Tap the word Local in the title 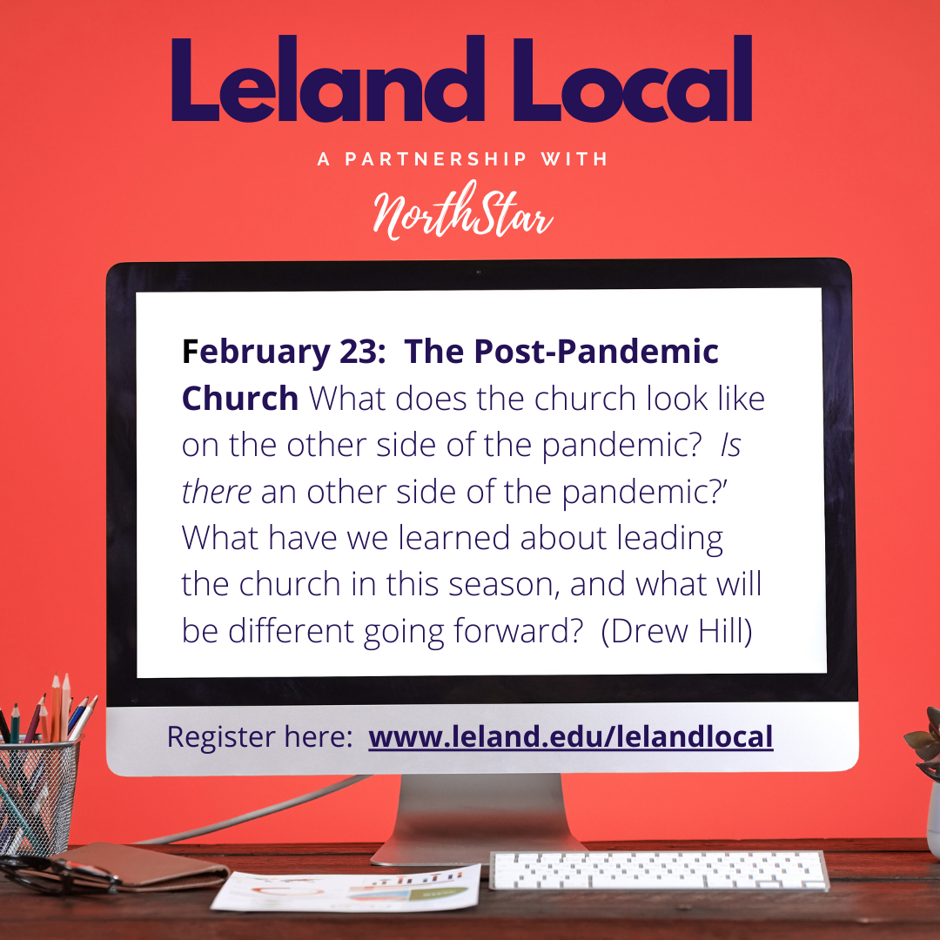633,78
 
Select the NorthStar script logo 463,211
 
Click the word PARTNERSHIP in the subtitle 435,159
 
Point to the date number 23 358,352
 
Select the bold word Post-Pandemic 596,352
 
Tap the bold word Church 240,398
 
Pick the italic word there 217,492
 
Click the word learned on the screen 454,538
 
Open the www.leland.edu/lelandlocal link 571,737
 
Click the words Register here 259,737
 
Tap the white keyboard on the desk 659,870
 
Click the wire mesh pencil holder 37,795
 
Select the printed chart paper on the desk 346,890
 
